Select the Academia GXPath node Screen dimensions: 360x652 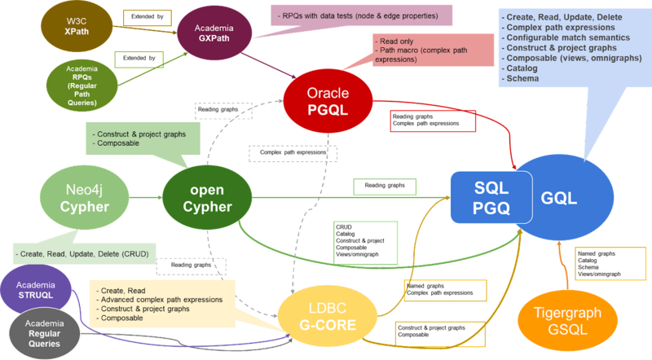pos(213,31)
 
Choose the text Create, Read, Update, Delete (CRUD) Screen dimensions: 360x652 pos(81,254)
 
